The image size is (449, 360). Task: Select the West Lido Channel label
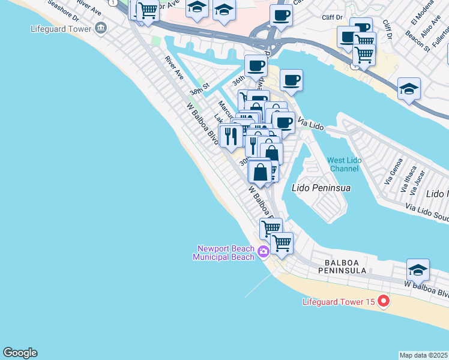(344, 164)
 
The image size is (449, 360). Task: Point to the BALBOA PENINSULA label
(354, 262)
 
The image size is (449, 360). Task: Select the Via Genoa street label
(392, 173)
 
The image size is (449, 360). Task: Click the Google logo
(20, 353)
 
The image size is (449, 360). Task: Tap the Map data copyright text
(423, 355)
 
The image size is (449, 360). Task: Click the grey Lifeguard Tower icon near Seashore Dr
(100, 27)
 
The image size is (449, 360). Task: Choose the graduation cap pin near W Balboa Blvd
(418, 268)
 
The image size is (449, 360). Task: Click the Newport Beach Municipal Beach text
(223, 253)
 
